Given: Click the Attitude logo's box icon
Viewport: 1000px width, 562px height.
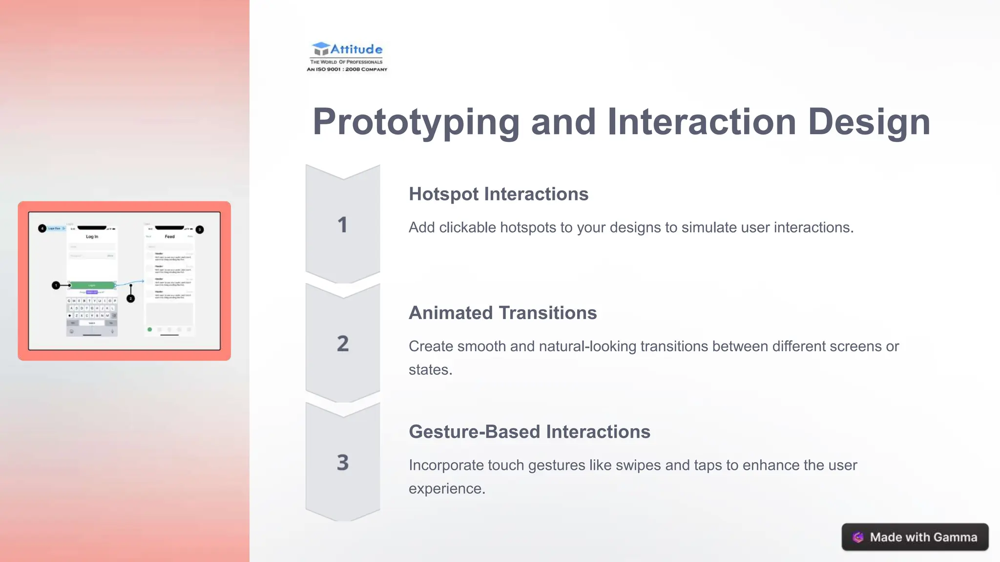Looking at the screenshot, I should (x=321, y=49).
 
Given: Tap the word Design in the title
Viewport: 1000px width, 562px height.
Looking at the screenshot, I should (x=869, y=122).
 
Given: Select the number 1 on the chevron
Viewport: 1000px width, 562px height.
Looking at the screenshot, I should (x=342, y=225).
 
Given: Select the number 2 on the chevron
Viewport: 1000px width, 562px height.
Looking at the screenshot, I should (x=342, y=344).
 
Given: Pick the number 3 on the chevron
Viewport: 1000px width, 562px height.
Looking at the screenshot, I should (x=342, y=462).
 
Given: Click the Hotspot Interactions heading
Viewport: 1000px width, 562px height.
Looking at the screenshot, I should (x=499, y=194).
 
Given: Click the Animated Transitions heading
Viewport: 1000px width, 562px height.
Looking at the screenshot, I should (x=502, y=313).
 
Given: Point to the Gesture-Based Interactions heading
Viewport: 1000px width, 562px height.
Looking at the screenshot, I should (x=529, y=432).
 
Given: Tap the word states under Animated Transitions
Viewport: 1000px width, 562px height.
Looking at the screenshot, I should (x=430, y=370).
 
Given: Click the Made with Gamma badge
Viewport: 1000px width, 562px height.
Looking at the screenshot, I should (x=915, y=537).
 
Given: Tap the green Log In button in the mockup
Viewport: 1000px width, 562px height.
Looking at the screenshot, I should (x=92, y=285).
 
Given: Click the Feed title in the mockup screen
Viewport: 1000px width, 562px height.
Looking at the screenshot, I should (x=169, y=237).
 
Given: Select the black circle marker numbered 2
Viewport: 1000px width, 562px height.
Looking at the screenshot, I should (x=130, y=299).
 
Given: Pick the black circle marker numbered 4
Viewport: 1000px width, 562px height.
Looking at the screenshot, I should (x=42, y=228).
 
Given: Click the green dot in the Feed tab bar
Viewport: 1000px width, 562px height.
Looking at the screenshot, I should (x=149, y=329).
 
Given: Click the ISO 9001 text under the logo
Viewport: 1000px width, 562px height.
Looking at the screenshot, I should (x=347, y=69).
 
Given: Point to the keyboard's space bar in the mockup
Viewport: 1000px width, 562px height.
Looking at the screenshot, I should (x=92, y=323).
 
